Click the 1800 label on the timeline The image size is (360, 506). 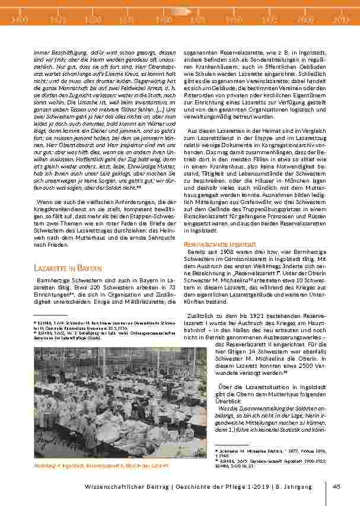20,19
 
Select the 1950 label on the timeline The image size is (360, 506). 235,19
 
